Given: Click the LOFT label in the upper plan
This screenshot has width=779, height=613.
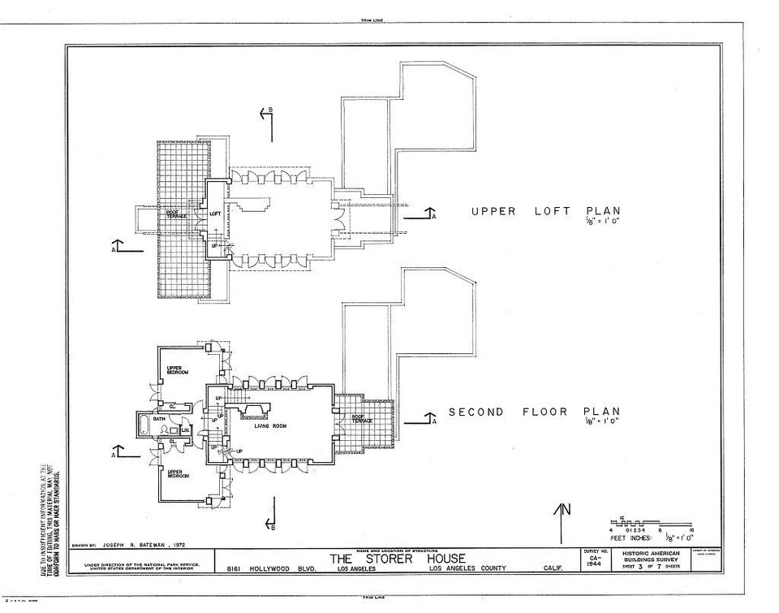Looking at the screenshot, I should (215, 214).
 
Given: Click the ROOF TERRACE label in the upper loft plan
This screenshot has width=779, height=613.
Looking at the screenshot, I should (178, 215).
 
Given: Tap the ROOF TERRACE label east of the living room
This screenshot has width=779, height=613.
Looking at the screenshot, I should (362, 419).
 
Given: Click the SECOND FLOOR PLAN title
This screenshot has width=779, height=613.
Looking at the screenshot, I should (534, 412).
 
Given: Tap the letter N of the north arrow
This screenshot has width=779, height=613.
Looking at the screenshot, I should (567, 510).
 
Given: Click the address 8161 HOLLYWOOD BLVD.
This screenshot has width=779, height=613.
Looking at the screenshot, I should (262, 568).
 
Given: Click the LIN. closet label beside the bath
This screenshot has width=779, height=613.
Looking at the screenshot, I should (185, 430).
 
